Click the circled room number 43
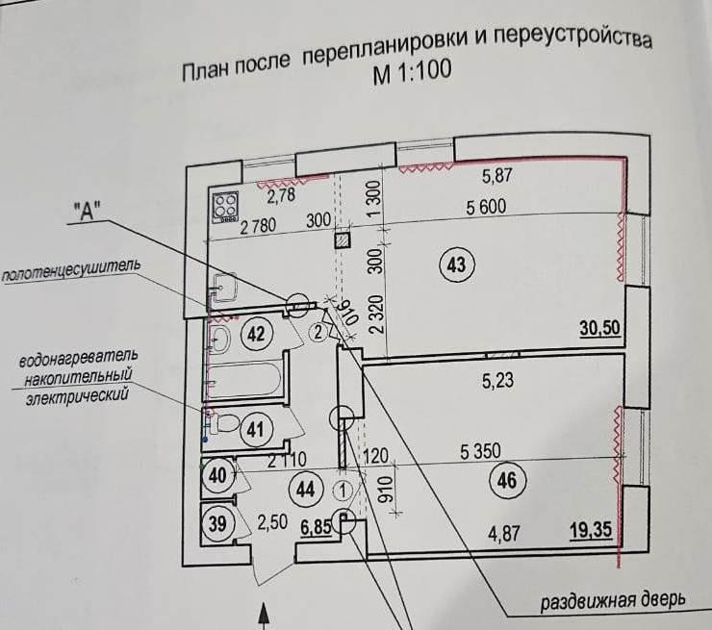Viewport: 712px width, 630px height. pyautogui.click(x=456, y=264)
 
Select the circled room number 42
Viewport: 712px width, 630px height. pyautogui.click(x=255, y=334)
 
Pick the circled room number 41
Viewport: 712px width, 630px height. pyautogui.click(x=254, y=430)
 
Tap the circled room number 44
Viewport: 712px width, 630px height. pyautogui.click(x=306, y=489)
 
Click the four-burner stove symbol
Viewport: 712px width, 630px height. pyautogui.click(x=227, y=205)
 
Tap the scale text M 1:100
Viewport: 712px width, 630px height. pyautogui.click(x=412, y=73)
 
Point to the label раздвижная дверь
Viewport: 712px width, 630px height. pyautogui.click(x=612, y=601)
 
